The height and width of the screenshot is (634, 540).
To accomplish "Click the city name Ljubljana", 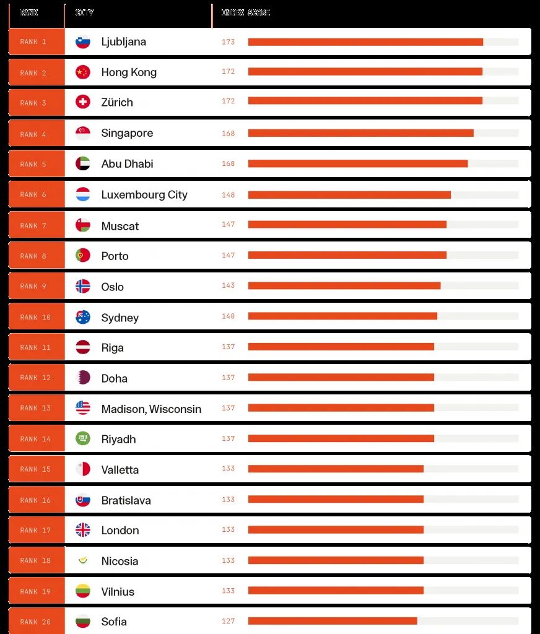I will (123, 42).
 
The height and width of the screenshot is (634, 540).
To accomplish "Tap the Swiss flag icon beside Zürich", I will (82, 102).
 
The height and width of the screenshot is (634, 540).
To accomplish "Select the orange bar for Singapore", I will (360, 133).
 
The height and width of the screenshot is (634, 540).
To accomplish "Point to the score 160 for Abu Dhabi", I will (228, 164).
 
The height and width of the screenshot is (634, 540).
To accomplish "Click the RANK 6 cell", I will (37, 194).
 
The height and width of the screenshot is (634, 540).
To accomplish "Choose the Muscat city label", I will (120, 226).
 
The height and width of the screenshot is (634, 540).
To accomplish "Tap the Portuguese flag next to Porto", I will (82, 255).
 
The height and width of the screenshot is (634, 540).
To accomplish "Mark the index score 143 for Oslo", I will (228, 286).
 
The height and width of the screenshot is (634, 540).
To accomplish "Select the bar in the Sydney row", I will (342, 316).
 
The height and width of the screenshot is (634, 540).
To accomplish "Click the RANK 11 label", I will (37, 347).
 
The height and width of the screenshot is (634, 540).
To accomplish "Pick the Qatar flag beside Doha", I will (82, 378).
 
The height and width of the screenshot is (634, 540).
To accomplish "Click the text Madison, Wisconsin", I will (151, 409).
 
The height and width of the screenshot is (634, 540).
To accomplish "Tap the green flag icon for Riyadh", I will (82, 438).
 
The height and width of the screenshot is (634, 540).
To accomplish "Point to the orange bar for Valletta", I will (336, 469).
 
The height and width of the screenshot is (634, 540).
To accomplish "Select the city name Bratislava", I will (126, 500).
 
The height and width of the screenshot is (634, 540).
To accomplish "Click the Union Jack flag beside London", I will (82, 530).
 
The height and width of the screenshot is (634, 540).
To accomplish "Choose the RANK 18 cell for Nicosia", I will (37, 561).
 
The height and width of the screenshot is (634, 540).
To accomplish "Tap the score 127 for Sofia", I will (228, 621).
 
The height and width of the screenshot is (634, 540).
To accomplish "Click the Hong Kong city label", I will (129, 72).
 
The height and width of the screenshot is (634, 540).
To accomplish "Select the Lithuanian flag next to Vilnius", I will (82, 591).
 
